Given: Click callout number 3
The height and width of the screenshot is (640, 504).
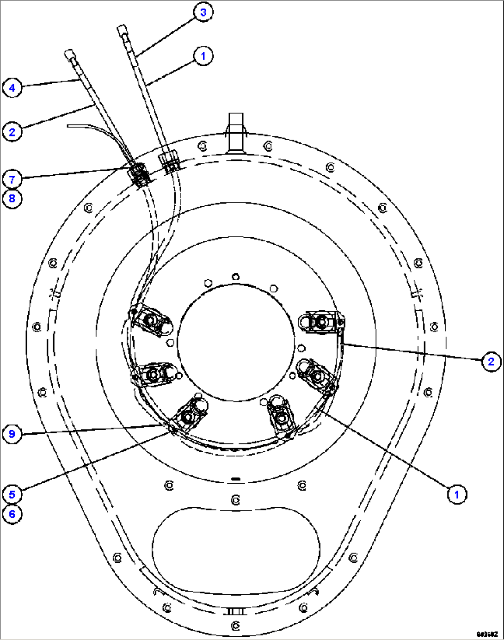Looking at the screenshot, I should pos(203,12).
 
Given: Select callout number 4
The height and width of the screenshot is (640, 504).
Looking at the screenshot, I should pos(12,87).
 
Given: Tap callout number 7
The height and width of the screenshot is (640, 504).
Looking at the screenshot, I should pos(12,179).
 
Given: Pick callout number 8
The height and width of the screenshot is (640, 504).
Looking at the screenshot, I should pos(12,199).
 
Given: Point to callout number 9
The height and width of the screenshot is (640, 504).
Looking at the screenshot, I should pos(12,434).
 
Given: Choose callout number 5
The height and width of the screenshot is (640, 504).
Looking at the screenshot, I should pos(12,494).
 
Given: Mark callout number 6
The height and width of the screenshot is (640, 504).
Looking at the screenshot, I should pos(12,514).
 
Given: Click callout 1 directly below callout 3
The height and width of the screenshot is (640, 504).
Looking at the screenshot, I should pos(203,56).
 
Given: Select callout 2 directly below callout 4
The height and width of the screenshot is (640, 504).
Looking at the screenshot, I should pos(12,132).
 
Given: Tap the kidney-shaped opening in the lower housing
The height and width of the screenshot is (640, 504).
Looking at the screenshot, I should pos(236,550).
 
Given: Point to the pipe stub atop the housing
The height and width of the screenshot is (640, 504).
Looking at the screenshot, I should pos(236,132).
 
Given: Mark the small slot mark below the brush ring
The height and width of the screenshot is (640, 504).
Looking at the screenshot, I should pos(235,479).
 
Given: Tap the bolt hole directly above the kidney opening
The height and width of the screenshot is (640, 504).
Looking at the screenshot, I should pos(235,500).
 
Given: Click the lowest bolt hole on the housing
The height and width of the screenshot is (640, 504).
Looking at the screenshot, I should pos(235,626).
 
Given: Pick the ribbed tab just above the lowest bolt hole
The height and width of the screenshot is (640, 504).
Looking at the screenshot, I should pos(236,611).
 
